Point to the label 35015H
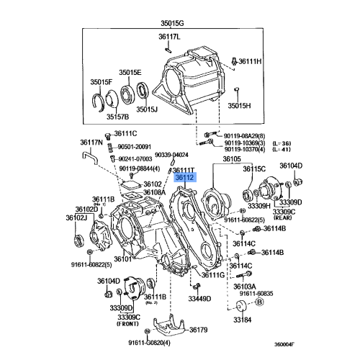pyautogui.click(x=242, y=105)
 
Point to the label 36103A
pyautogui.click(x=245, y=287)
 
